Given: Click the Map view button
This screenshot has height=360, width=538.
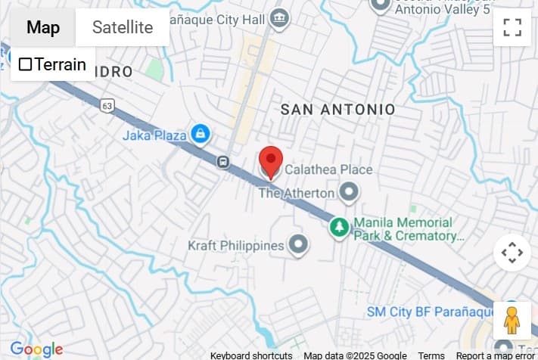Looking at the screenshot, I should tap(43, 28).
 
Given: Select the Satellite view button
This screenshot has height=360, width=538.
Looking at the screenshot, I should tap(123, 28).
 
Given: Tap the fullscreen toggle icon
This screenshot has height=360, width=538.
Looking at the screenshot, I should tap(512, 28).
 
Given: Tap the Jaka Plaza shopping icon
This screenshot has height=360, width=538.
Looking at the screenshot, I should tap(200, 135).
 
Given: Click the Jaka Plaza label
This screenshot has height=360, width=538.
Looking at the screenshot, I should tap(154, 136).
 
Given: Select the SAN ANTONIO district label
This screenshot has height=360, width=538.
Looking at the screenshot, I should tap(337, 110).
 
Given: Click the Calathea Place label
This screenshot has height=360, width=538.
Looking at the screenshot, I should tap(328, 169).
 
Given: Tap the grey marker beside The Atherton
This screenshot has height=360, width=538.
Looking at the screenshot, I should tap(348, 193).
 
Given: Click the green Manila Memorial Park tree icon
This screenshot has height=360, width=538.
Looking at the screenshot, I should tap(340, 227).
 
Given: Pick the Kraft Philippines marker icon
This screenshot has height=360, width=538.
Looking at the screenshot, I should tap(299, 245).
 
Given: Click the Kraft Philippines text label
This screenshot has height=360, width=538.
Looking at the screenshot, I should tap(236, 246).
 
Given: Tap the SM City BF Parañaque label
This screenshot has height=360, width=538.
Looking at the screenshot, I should tap(426, 312).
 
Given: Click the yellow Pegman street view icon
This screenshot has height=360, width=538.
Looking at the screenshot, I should tap(512, 321).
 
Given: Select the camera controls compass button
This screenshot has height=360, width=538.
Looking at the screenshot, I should tap(512, 253).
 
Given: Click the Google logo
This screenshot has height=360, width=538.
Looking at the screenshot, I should tap(36, 349).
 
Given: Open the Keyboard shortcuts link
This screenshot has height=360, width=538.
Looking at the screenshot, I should tap(251, 355).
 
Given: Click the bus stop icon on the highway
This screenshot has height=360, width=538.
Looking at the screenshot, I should tap(223, 161).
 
